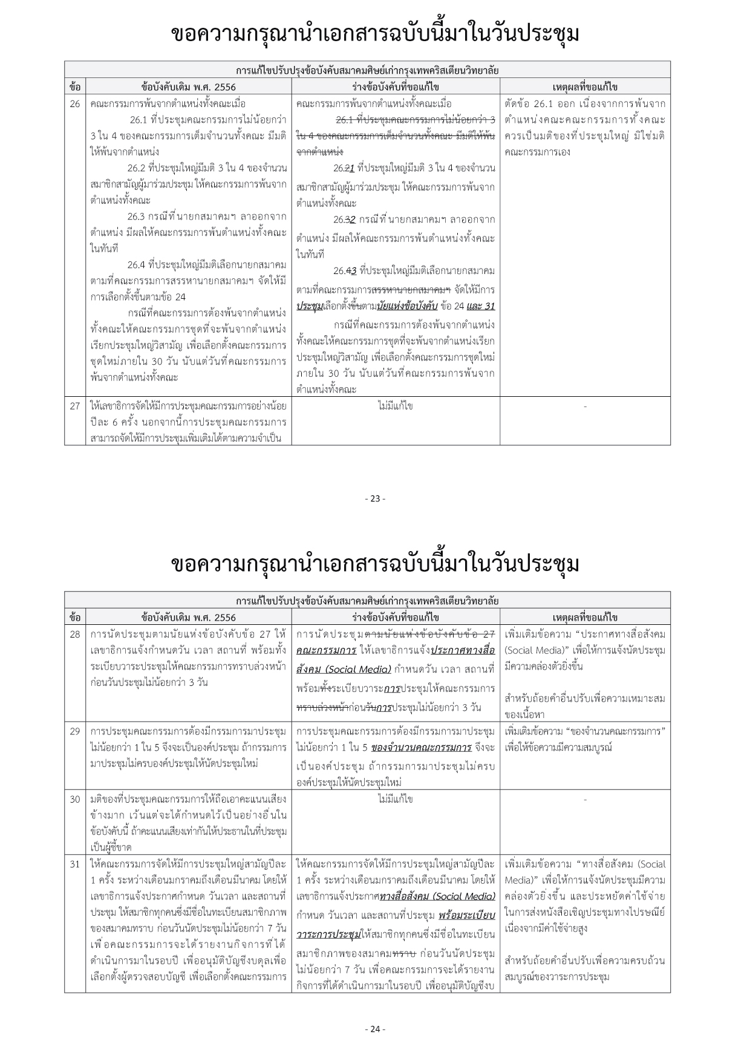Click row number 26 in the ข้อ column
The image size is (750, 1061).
[x=74, y=103]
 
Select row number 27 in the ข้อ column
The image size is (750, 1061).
[x=74, y=406]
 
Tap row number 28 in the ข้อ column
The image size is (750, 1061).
[x=74, y=634]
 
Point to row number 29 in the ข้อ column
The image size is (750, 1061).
[x=74, y=731]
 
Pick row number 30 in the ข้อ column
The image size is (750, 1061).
[x=74, y=799]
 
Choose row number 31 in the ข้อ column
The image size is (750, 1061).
[x=74, y=864]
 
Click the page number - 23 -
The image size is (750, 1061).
[x=375, y=498]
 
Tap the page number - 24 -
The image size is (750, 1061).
[x=375, y=1029]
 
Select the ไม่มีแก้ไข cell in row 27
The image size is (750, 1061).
[x=395, y=406]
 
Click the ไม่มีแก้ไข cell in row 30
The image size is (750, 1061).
[x=395, y=799]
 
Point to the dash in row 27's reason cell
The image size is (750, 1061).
[x=585, y=406]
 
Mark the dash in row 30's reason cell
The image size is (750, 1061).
[x=585, y=800]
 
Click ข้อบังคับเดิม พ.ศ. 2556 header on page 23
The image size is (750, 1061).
[x=188, y=87]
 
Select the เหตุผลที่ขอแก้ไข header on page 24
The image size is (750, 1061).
[x=585, y=617]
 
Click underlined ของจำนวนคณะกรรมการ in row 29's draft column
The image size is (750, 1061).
[x=421, y=748]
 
